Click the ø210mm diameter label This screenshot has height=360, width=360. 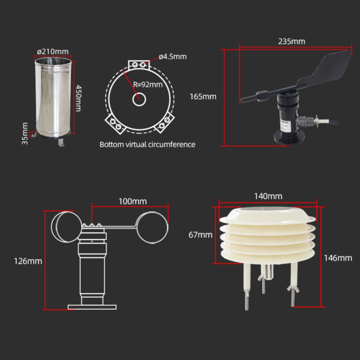click(53, 52)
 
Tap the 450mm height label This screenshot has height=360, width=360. click(78, 98)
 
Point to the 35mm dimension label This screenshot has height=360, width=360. click(25, 134)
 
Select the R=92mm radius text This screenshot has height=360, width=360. click(148, 84)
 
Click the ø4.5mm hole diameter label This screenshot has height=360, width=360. click(173, 56)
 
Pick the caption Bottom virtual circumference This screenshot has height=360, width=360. click(147, 144)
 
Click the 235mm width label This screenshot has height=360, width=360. click(292, 41)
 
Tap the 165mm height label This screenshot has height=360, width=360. click(203, 96)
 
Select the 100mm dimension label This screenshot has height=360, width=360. click(132, 201)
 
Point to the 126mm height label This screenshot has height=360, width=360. click(28, 261)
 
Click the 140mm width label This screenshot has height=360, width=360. click(268, 196)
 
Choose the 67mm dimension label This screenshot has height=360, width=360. click(200, 235)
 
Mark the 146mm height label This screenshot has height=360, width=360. click(338, 258)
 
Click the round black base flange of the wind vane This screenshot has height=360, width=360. click(289, 138)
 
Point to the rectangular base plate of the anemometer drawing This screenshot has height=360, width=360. click(92, 307)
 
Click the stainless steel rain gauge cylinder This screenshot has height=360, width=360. click(53, 98)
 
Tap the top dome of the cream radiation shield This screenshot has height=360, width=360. click(268, 215)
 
